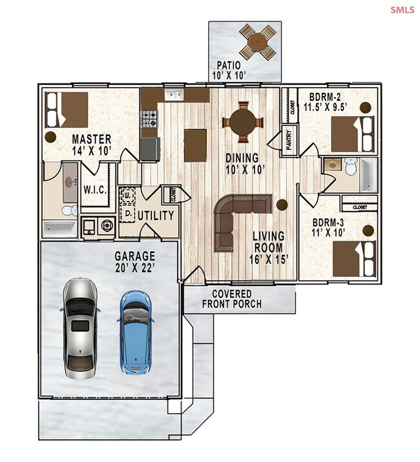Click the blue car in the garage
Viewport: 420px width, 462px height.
[136, 332]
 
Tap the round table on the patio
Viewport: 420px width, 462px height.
[258, 42]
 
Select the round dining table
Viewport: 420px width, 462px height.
[242, 122]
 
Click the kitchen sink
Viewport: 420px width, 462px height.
[174, 94]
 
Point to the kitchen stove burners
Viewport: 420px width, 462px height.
[149, 119]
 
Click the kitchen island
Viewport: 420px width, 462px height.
[195, 145]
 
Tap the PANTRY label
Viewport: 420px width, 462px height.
[289, 140]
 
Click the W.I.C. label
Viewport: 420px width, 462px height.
[95, 190]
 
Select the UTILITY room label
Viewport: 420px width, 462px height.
[156, 216]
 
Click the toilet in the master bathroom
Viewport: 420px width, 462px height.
[69, 210]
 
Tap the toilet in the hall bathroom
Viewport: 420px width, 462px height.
[352, 166]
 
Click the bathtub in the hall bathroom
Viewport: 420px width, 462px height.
[368, 175]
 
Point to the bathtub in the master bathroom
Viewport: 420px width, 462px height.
[60, 228]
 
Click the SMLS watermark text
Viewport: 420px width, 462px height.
[403, 10]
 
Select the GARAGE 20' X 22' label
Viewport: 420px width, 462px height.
[135, 261]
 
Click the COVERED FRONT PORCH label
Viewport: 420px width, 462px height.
[232, 299]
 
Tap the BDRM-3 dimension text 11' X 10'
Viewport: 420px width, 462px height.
[328, 233]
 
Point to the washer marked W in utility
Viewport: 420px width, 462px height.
[127, 195]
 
